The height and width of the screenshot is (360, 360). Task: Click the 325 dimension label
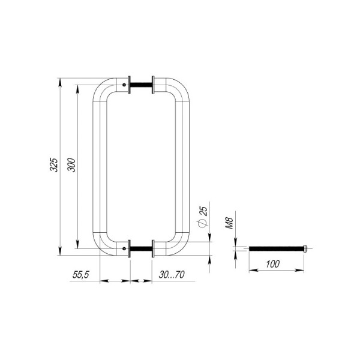(x=54, y=165)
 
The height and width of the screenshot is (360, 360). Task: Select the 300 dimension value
(x=71, y=165)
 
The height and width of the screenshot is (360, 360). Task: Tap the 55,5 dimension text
(x=80, y=275)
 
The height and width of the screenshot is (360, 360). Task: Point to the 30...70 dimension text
(x=172, y=275)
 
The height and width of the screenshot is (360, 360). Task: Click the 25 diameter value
(x=203, y=211)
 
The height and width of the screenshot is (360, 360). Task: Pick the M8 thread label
(x=229, y=223)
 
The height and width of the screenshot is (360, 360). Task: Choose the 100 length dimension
(x=273, y=264)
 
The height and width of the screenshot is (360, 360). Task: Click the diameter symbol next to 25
(x=202, y=223)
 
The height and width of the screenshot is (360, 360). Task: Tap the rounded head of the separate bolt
(x=305, y=248)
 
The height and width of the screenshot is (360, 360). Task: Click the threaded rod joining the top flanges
(x=141, y=85)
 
